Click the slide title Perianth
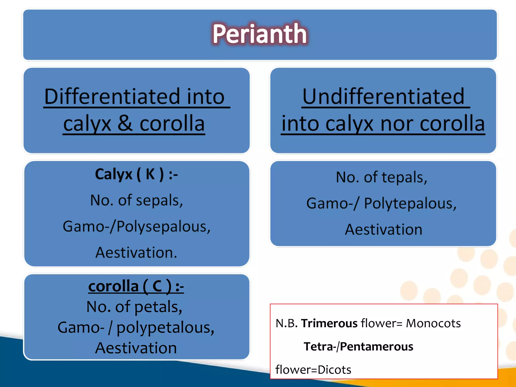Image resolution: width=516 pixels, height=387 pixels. tap(260, 34)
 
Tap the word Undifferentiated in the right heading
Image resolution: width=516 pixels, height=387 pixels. tap(383, 97)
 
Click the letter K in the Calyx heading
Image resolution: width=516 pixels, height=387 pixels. tap(150, 174)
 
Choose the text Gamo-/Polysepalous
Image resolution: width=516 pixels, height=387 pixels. tap(136, 227)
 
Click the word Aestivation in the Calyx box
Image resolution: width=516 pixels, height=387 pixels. tap(136, 252)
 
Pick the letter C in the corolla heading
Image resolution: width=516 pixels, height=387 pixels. tap(157, 286)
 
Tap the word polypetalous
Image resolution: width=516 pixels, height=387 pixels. tap(165, 328)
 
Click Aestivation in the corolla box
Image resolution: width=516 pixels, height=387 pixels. tap(136, 348)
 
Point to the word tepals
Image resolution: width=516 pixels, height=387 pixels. tap(404, 177)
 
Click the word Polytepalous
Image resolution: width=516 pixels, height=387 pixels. tap(410, 204)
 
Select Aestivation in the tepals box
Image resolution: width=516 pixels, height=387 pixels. tap(383, 230)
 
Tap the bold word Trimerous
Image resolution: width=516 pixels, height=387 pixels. tap(329, 323)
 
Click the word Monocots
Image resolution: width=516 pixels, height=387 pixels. tap(433, 323)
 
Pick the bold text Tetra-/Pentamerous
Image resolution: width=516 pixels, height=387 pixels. tap(358, 347)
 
